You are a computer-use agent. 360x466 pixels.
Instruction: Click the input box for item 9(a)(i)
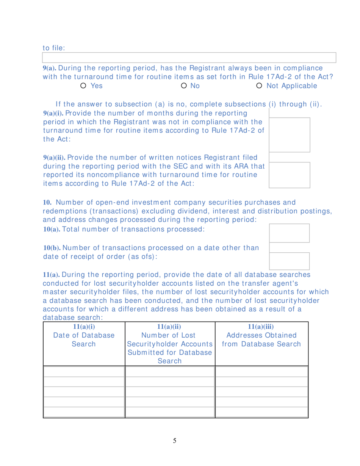click(x=290, y=134)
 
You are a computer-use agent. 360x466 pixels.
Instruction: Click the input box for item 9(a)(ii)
click(x=290, y=175)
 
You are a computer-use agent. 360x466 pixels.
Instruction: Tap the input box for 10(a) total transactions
click(x=290, y=233)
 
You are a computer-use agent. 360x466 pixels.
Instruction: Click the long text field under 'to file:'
click(x=189, y=58)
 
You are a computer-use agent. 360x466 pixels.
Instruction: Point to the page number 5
click(x=174, y=440)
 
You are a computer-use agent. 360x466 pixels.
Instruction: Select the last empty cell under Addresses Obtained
click(x=261, y=411)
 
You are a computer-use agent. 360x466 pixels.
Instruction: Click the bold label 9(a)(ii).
click(x=52, y=157)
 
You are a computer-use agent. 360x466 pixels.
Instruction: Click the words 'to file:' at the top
click(x=54, y=48)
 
